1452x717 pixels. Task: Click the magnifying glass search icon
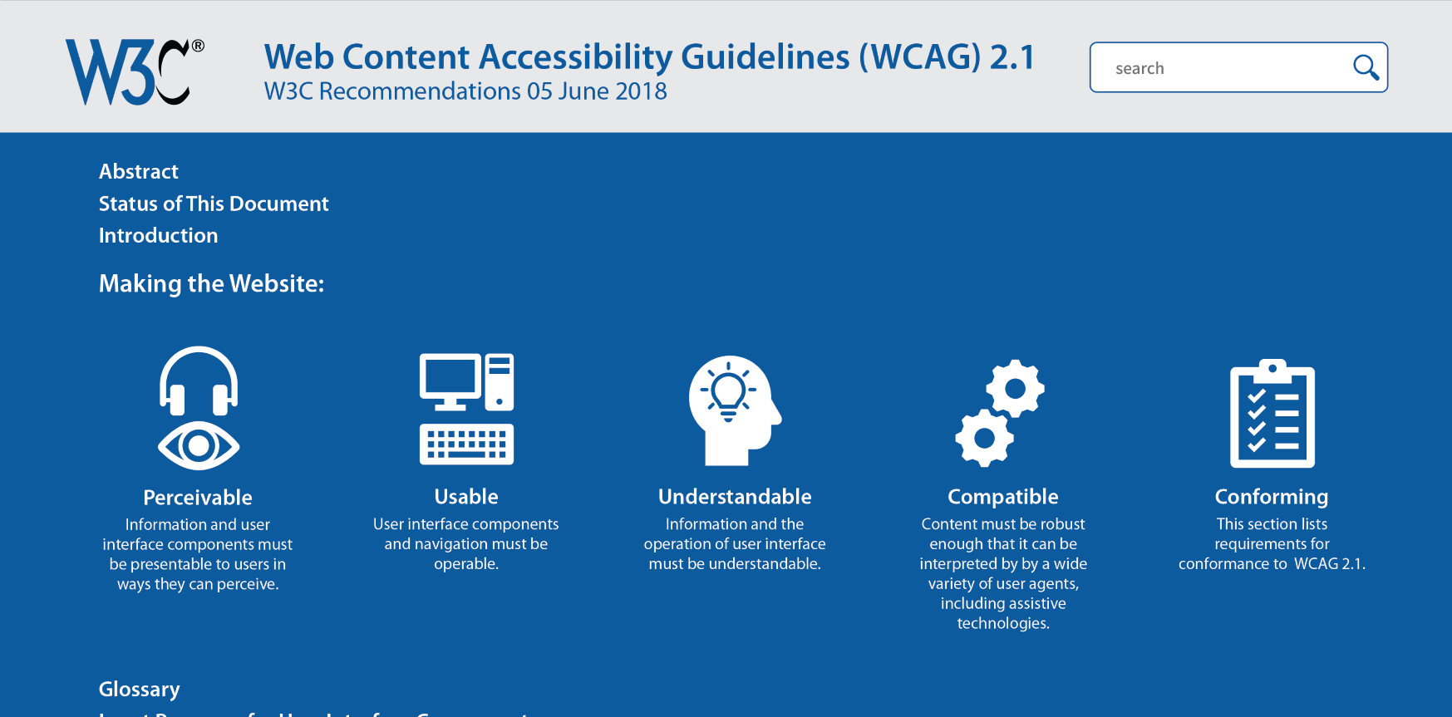[x=1366, y=67]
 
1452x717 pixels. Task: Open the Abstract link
[x=139, y=172]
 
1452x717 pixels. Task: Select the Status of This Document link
[x=214, y=204]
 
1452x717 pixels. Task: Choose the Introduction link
[x=158, y=236]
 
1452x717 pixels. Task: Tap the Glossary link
[x=139, y=690]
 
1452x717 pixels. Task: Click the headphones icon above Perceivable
[x=199, y=381]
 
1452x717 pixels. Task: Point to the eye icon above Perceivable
[x=199, y=446]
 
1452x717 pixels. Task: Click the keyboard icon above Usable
[x=466, y=444]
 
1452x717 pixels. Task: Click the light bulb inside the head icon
[x=729, y=390]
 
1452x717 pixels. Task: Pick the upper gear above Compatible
[x=1015, y=388]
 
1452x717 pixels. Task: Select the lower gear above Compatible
[x=984, y=437]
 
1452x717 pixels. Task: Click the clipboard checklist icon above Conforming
[x=1272, y=414]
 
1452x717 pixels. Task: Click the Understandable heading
[x=735, y=497]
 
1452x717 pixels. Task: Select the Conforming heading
[x=1272, y=497]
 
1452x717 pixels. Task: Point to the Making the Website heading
[x=211, y=284]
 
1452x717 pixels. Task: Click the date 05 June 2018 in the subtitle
[x=596, y=91]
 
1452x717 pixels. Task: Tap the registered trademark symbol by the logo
[x=198, y=47]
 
